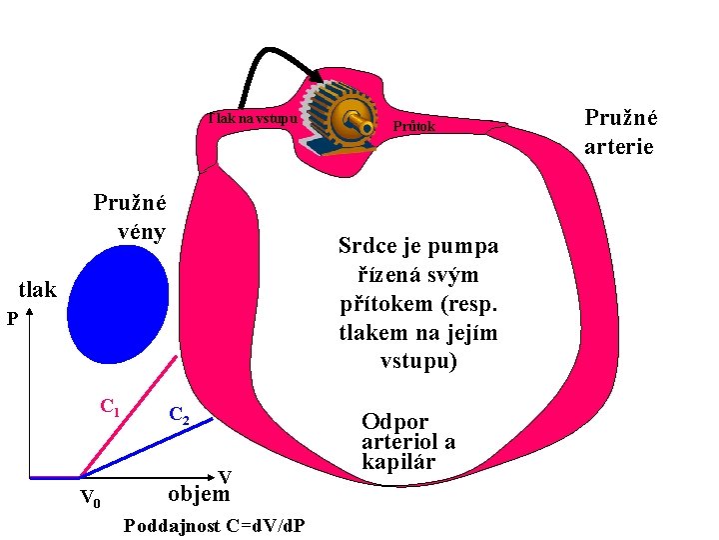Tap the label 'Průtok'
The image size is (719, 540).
414,127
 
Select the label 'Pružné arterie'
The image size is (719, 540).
620,132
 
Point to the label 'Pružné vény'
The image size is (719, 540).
130,216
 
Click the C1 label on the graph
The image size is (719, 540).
110,408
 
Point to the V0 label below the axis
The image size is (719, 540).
89,498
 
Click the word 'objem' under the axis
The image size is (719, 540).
199,494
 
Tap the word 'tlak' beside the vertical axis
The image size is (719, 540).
39,290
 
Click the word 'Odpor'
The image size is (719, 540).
394,422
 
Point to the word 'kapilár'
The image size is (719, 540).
398,463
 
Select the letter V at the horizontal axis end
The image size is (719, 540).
225,477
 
